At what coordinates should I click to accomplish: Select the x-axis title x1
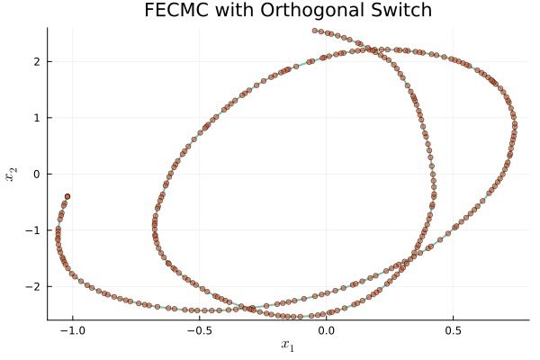coord(288,346)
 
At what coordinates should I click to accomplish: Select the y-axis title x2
coord(12,174)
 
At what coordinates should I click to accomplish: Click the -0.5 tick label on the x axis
coord(199,330)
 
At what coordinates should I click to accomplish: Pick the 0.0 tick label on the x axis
coord(326,330)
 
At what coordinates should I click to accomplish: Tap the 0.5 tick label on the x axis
coord(453,330)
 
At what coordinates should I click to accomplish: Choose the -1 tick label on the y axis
coord(35,230)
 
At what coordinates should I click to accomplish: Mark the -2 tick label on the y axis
coord(35,286)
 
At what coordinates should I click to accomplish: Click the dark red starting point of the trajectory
coord(67,196)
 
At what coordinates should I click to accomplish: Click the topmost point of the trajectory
coord(315,31)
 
